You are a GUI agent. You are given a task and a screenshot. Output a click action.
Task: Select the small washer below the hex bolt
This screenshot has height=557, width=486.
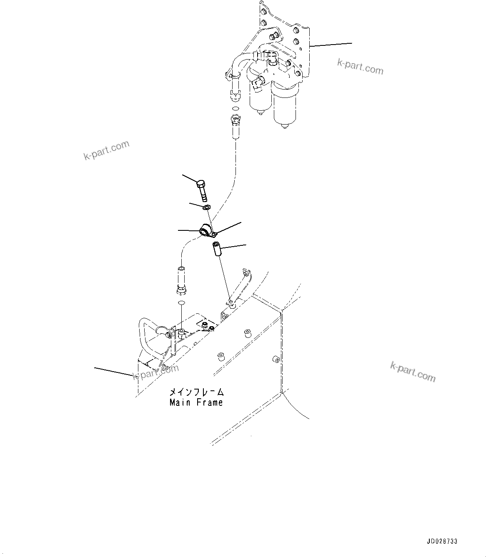tap(206, 207)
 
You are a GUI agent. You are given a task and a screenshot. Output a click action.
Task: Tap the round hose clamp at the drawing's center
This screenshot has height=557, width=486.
tap(205, 230)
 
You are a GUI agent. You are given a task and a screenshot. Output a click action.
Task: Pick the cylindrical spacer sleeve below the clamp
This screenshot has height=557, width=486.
tap(216, 250)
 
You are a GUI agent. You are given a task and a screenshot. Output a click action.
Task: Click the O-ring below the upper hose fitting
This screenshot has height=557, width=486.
tap(235, 109)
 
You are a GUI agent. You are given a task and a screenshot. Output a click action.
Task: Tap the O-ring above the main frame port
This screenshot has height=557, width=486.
tap(181, 302)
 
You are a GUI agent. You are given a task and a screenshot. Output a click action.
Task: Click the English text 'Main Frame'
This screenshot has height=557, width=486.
tap(196, 402)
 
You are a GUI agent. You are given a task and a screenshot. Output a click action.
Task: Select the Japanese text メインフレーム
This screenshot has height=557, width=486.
tap(196, 392)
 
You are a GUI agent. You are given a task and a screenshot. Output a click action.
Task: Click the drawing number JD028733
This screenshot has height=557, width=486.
tap(442, 542)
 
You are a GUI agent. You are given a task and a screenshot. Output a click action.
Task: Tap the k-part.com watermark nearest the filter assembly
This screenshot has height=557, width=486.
tap(360, 67)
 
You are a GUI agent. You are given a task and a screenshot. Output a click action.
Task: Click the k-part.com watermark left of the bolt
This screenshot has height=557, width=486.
tap(107, 150)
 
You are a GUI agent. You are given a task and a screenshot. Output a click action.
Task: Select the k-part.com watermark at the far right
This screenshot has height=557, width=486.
tap(413, 371)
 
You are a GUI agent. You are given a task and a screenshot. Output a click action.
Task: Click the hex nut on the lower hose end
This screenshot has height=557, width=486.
tap(181, 289)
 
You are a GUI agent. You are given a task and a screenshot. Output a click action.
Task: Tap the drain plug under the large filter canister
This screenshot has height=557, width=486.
tap(286, 125)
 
